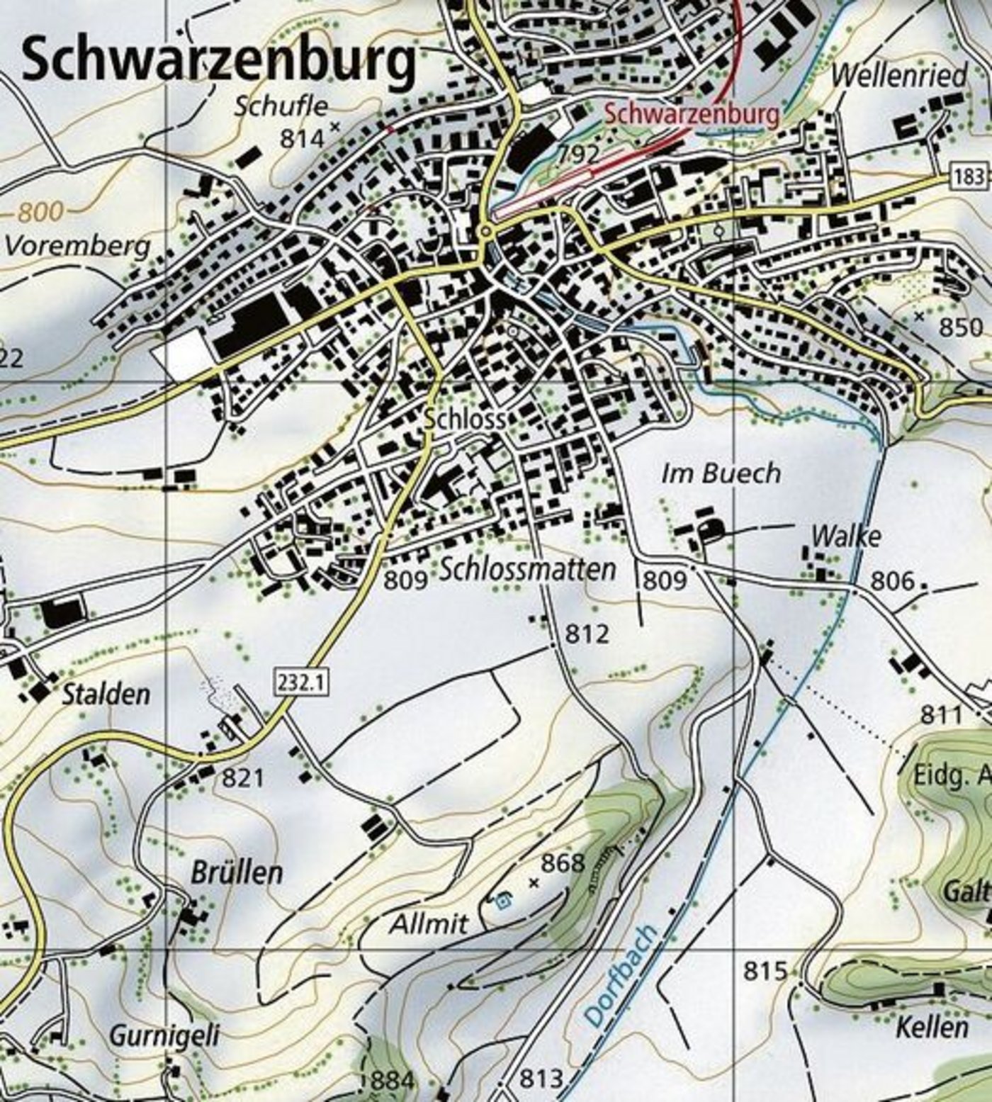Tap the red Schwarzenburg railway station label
(x=692, y=113)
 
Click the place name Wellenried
(x=899, y=75)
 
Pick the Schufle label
(x=281, y=106)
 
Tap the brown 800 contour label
(x=41, y=211)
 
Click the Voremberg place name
(x=78, y=246)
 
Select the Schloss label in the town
(x=464, y=419)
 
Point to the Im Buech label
(x=721, y=473)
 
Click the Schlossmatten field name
(x=528, y=569)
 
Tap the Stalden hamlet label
(x=106, y=695)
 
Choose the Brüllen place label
(x=237, y=872)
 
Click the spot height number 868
(x=563, y=862)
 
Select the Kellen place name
(x=931, y=1027)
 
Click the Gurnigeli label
(x=164, y=1036)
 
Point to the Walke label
(x=846, y=536)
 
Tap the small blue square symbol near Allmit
(x=503, y=902)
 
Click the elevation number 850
(x=961, y=327)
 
